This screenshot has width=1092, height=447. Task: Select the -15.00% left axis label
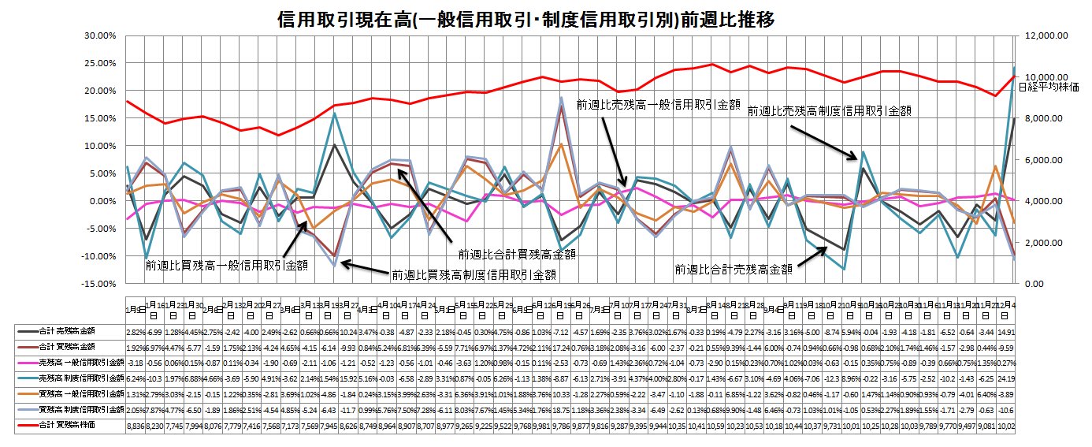click(x=100, y=283)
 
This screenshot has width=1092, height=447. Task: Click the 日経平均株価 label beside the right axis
click(x=1053, y=87)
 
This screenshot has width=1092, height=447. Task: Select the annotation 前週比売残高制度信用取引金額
click(x=829, y=111)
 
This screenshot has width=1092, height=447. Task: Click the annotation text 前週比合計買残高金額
click(x=517, y=254)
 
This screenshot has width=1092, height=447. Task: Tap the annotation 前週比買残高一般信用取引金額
click(x=225, y=266)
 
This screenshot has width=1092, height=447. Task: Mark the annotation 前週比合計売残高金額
click(x=733, y=269)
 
